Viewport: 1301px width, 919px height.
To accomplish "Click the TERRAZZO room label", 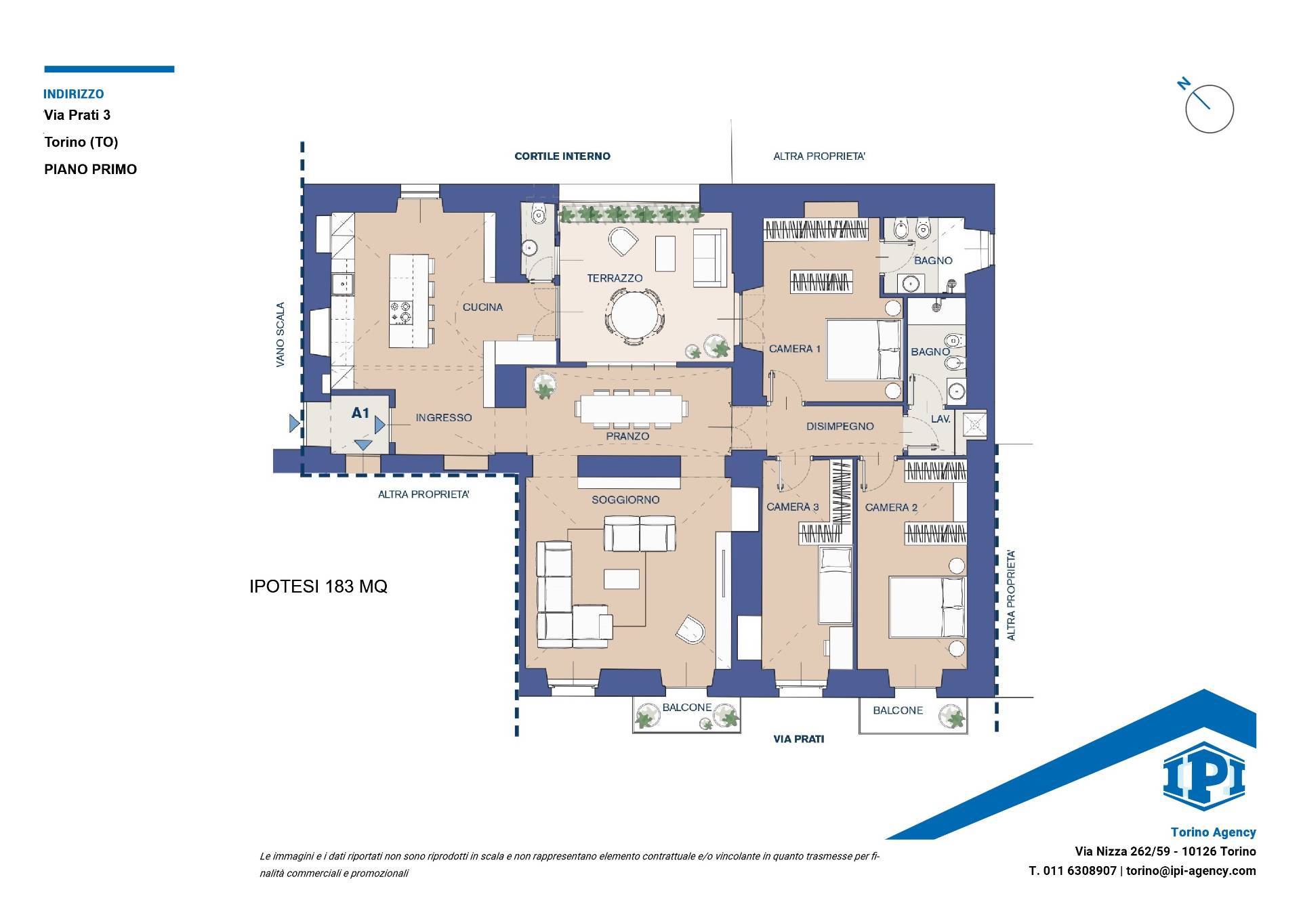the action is tap(615, 278).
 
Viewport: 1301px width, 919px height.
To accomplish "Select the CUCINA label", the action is tap(482, 307).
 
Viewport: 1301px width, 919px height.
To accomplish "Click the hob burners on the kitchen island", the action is tap(400, 313).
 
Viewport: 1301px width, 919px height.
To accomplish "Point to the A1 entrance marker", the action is tap(360, 412).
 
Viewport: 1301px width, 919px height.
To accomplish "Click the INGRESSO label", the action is tap(444, 418).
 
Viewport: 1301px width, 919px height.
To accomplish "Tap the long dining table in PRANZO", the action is tap(632, 409).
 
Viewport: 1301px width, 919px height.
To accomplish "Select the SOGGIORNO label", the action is tap(625, 500).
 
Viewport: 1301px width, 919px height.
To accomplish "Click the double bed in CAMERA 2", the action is tap(926, 607).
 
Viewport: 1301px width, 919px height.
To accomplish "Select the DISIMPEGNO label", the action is tap(840, 427).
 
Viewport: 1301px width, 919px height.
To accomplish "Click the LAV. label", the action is tap(941, 419).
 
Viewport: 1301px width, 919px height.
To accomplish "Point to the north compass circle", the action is tap(1210, 109).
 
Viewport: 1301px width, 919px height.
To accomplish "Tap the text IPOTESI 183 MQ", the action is tap(318, 586).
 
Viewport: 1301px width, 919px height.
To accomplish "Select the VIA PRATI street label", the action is tap(799, 739).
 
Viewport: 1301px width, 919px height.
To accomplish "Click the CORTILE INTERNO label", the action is tap(562, 156).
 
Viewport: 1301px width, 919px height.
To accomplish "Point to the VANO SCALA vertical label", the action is tap(281, 335).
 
